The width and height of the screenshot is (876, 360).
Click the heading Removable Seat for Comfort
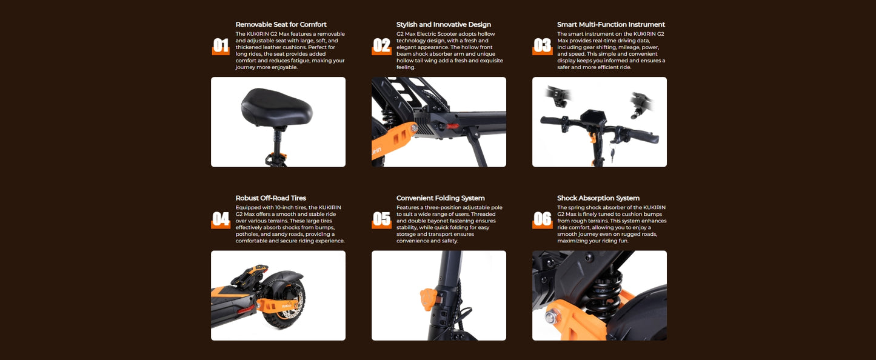281,24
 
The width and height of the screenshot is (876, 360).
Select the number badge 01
221,46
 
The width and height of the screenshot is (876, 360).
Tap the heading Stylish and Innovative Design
444,24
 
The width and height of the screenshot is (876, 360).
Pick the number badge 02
381,46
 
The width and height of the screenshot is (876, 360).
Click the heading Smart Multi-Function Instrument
611,24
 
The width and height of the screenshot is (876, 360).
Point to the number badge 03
543,46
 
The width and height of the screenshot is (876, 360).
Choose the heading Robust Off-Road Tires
270,198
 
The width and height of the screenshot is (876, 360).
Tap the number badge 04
221,219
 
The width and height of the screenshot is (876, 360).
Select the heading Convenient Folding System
440,198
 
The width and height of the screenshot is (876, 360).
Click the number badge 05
381,219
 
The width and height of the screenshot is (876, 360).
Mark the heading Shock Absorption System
598,198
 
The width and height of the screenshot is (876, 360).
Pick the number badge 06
543,219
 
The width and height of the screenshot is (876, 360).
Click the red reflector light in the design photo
453,126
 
